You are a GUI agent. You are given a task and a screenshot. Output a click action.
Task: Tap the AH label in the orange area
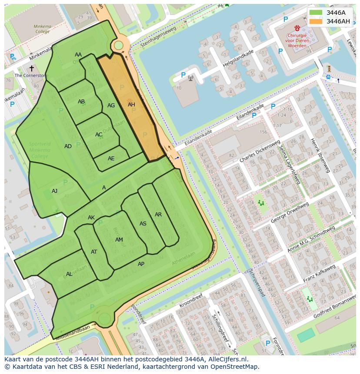coord(131,105)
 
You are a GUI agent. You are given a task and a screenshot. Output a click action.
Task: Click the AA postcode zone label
coord(78,55)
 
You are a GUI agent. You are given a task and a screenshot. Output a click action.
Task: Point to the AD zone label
coord(68,146)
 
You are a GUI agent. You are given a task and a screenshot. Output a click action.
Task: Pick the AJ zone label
coord(54,191)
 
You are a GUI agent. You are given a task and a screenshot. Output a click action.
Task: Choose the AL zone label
coord(69,274)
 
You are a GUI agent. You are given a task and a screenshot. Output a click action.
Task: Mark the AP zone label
coord(141,264)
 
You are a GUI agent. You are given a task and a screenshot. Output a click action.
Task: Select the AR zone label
coord(158,215)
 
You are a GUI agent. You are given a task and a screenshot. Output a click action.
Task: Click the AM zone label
coord(119,240)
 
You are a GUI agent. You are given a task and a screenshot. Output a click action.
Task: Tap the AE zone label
coord(111,159)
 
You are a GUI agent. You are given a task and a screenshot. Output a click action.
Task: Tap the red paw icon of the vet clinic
coord(297,28)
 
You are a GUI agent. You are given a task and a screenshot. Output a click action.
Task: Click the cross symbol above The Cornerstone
coord(31,68)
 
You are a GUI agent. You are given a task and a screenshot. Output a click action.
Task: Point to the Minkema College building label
coord(42,29)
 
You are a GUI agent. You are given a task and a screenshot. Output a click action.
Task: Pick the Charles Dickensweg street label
coord(260,152)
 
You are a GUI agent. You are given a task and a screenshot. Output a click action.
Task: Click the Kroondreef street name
coord(191,303)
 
